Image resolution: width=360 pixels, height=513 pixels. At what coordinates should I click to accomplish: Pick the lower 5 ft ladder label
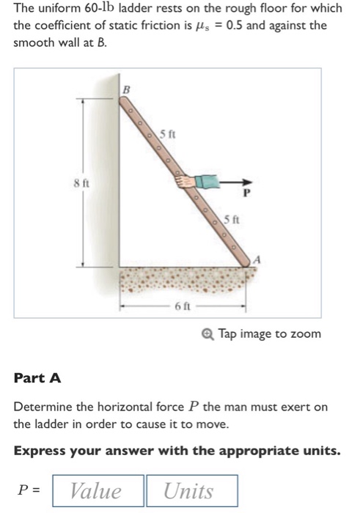(231, 218)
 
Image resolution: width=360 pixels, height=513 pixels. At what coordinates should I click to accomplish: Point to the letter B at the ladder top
(125, 88)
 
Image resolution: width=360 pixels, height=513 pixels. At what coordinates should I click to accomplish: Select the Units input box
(191, 491)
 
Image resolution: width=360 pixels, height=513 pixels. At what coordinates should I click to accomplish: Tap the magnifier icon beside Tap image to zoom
(209, 334)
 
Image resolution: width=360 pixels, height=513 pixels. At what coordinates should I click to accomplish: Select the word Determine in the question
(44, 407)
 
